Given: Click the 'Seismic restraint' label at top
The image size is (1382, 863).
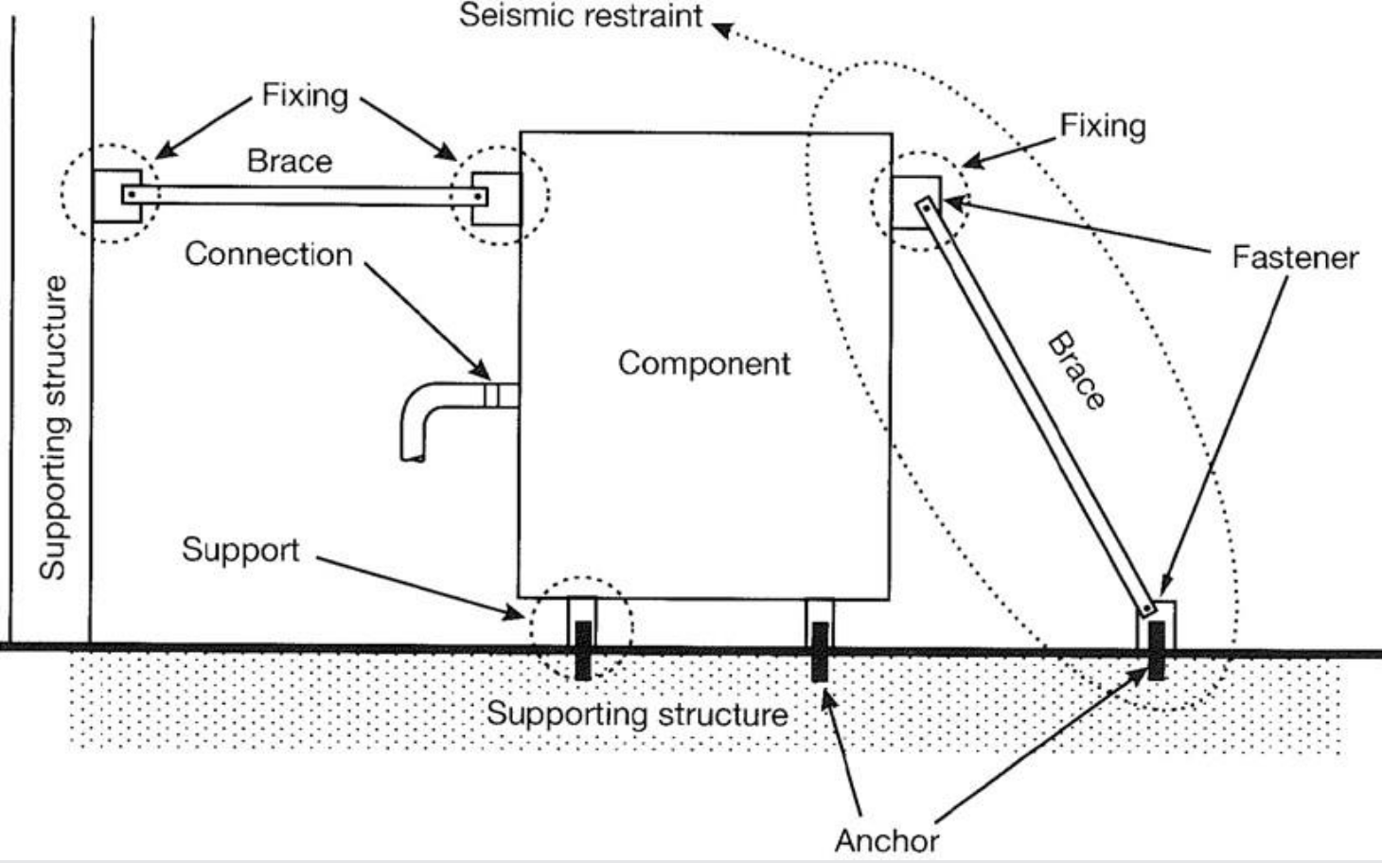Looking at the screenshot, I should tap(580, 16).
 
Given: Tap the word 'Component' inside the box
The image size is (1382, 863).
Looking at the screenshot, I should tap(703, 363).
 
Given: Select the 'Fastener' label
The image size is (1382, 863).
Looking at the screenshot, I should tap(1294, 257).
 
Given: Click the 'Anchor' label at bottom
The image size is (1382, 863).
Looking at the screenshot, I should tap(886, 839).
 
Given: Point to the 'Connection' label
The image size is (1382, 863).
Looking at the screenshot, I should tap(268, 254).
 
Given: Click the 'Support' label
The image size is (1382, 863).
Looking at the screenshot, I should tap(240, 550).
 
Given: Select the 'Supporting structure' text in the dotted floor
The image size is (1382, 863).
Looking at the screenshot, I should tap(636, 713).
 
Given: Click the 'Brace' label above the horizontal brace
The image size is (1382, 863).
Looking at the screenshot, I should tap(289, 161).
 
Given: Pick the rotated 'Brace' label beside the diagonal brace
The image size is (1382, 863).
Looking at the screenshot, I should tap(1076, 370).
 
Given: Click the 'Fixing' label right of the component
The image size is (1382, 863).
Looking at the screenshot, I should tap(1102, 126).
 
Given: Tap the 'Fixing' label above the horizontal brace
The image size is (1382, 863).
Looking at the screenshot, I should tap(304, 95).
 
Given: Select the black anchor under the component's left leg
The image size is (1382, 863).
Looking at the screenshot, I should tap(583, 650).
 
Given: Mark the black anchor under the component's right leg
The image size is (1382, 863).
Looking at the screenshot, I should tap(820, 651).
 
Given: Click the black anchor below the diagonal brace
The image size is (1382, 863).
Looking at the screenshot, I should tap(1156, 650).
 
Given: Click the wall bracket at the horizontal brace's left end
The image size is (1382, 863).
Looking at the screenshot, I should tap(115, 196).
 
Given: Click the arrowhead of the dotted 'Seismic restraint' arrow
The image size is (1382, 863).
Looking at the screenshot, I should tap(721, 29).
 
